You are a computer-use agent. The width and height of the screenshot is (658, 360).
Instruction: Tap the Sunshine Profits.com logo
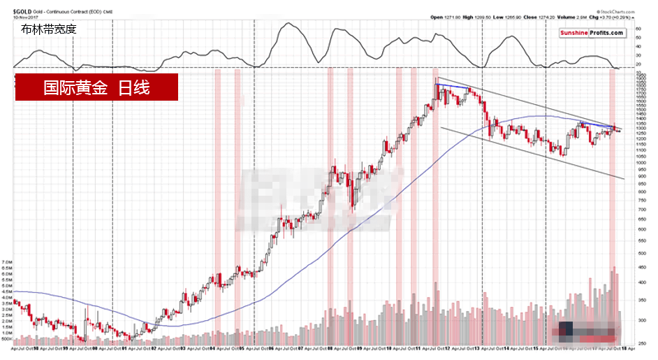tap(592, 33)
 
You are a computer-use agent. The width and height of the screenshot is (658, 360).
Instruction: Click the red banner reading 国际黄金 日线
tap(96, 87)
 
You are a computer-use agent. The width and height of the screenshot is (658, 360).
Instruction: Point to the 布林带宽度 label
tap(48, 29)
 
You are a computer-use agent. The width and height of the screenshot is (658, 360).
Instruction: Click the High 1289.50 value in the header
tap(473, 17)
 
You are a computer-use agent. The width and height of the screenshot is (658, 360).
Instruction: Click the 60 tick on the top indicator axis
tap(638, 29)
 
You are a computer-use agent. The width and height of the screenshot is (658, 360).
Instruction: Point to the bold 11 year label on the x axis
tap(417, 348)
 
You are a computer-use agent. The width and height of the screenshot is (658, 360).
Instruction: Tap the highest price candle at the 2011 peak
tap(437, 80)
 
